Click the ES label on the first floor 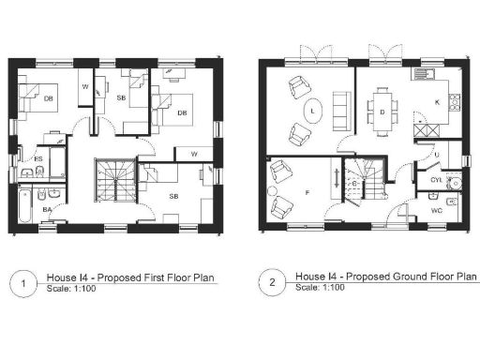[38, 159]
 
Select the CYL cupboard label [435, 179]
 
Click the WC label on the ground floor [437, 211]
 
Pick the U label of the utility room [436, 154]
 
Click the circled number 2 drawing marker [273, 282]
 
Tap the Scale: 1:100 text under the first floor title [70, 290]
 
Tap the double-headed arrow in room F [334, 178]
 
